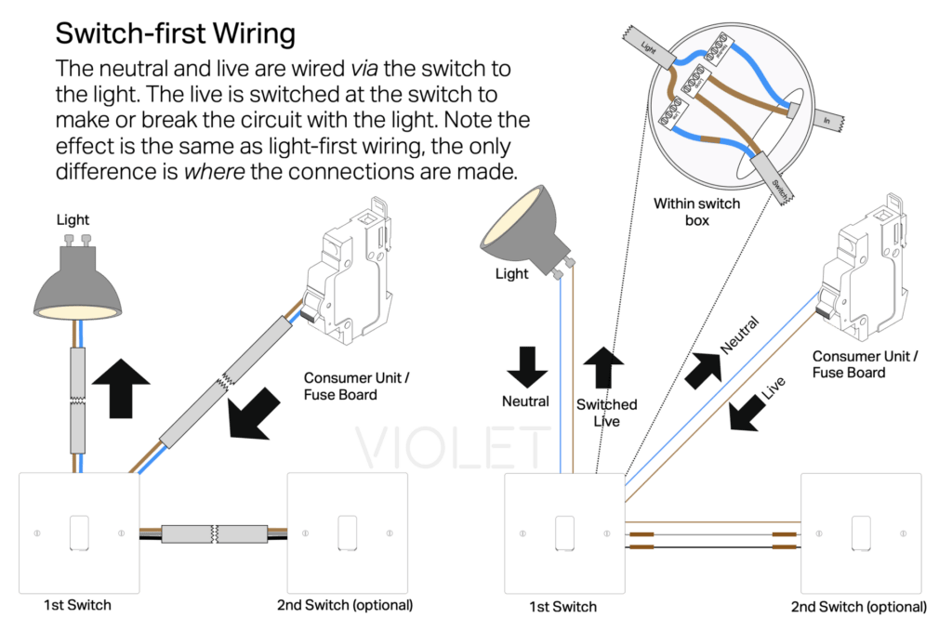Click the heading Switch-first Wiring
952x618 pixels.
[176, 34]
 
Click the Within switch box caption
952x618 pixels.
[697, 209]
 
